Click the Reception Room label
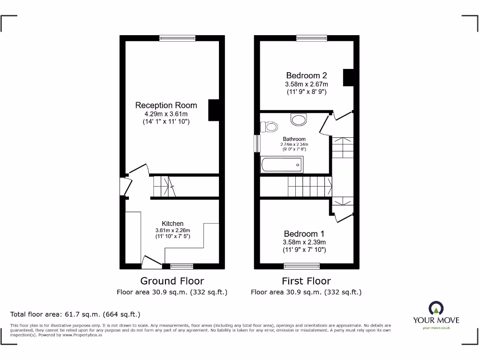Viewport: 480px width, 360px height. click(x=166, y=105)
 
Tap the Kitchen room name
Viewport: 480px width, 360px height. click(x=172, y=224)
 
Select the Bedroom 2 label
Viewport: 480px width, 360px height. click(x=307, y=75)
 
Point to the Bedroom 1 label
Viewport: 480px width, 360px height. click(x=304, y=234)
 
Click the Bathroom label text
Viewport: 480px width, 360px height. click(x=294, y=139)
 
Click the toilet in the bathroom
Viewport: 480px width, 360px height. click(x=270, y=127)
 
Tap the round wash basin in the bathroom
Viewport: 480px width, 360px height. click(x=298, y=120)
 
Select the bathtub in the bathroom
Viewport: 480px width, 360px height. click(x=282, y=165)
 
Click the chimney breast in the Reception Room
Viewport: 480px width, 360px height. click(x=213, y=111)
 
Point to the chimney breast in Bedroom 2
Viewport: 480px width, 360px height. click(x=348, y=77)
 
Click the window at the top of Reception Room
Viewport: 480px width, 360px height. click(x=177, y=38)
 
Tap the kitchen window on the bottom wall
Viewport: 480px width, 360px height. click(x=181, y=266)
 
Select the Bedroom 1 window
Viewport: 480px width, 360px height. click(x=302, y=266)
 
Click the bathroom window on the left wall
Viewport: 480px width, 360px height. click(x=257, y=143)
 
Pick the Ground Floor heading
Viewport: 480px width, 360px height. click(x=172, y=281)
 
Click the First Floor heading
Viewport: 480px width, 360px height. click(x=306, y=281)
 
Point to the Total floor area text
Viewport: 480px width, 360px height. click(x=75, y=315)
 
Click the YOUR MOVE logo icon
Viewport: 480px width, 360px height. click(x=435, y=308)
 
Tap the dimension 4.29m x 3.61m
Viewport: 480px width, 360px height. click(x=166, y=114)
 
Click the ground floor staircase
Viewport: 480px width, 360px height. click(x=164, y=186)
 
